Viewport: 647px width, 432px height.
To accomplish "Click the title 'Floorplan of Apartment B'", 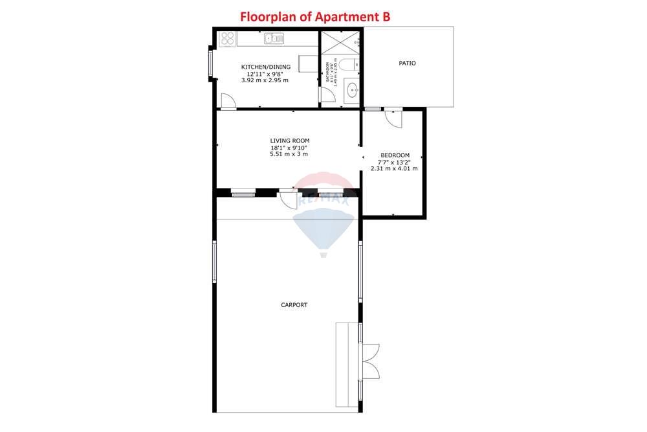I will (315, 17).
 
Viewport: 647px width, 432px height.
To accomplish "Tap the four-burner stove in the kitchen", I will (226, 39).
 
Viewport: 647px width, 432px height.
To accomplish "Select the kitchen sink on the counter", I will (274, 40).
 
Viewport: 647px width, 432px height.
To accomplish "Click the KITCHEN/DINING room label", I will (266, 67).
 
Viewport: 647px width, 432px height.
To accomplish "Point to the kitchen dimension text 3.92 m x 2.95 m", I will (265, 80).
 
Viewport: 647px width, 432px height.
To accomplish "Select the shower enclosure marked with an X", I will (340, 43).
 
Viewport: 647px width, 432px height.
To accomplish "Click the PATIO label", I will (407, 63).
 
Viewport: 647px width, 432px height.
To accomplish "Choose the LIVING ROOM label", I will (289, 141).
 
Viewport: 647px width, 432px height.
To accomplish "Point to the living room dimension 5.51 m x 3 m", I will (289, 154).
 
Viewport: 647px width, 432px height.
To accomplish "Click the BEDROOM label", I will (394, 155).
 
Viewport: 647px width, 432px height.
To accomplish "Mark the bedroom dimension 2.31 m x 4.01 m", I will (394, 168).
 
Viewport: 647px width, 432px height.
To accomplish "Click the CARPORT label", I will (294, 305).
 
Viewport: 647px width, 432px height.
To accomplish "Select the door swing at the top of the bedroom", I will (393, 118).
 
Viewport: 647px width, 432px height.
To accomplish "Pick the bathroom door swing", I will (327, 95).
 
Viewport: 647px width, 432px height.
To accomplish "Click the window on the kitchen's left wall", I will (210, 64).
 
